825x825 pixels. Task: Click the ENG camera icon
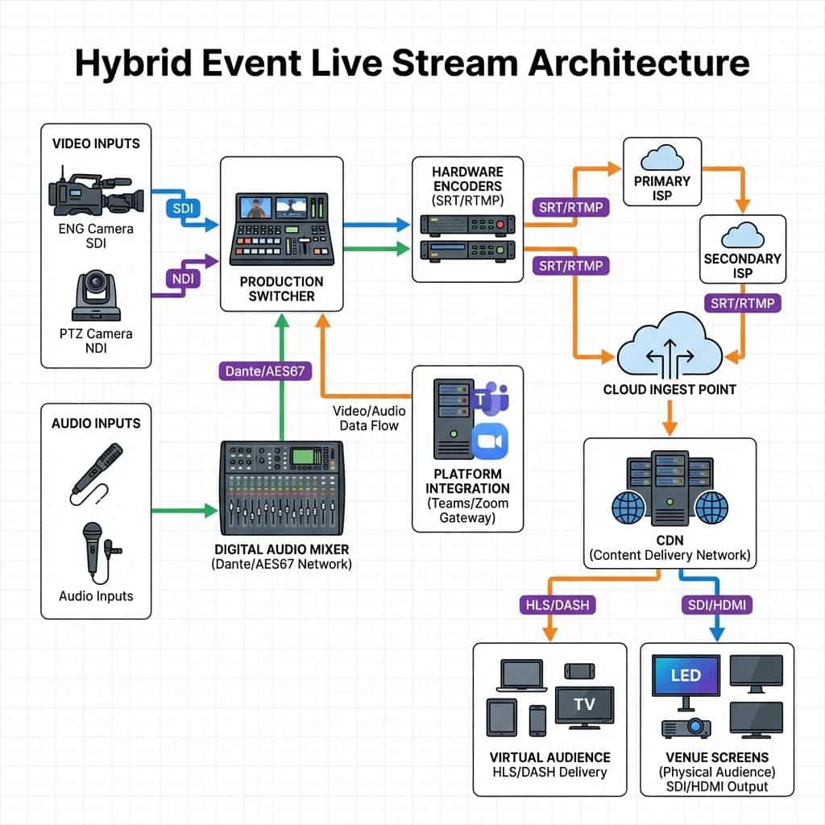tap(95, 191)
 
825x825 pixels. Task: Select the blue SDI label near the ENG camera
tap(178, 208)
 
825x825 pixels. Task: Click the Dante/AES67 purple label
tap(258, 371)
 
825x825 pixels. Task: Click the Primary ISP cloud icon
tap(661, 157)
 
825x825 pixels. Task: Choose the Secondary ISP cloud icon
tap(742, 235)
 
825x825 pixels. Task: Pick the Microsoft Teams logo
tap(490, 400)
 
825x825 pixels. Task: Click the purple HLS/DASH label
tap(550, 604)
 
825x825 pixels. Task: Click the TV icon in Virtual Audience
tap(584, 704)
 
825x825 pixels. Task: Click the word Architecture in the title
tap(638, 64)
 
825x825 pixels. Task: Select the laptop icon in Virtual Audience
tap(520, 677)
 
